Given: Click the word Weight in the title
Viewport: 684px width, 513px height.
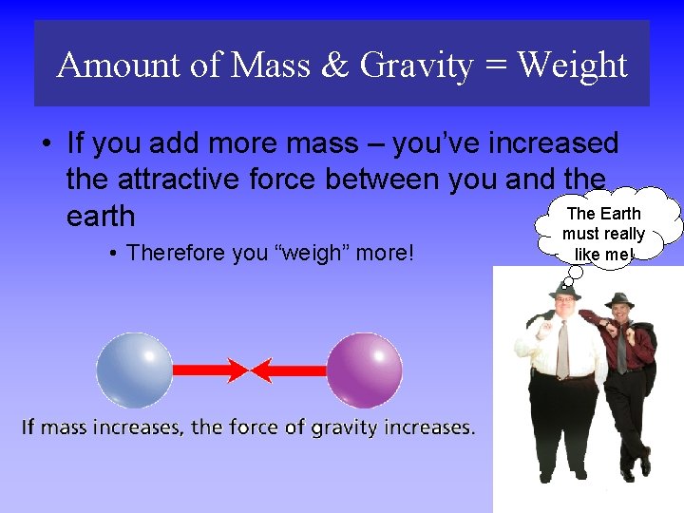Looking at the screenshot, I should pos(573,66).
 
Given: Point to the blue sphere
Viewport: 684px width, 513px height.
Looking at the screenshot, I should pos(134,370).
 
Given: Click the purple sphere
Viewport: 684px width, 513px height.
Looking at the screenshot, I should pos(364,370).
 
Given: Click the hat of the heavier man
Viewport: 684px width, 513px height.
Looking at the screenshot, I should pos(564,293).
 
